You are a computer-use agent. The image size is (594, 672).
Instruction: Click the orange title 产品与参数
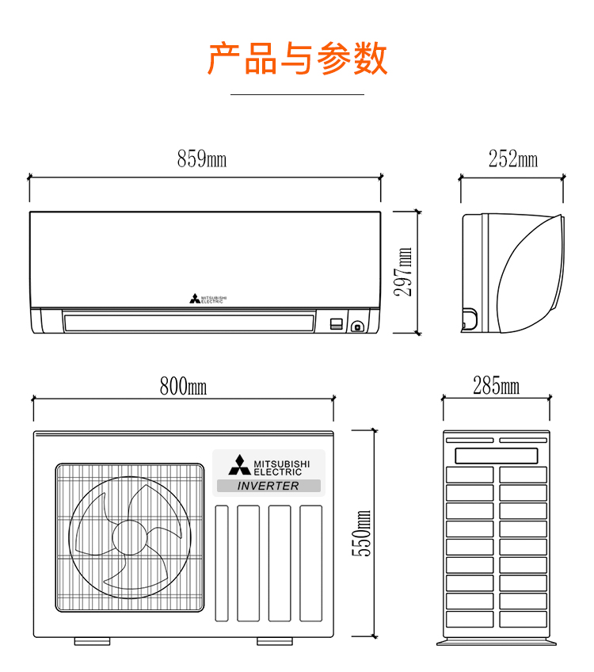297,59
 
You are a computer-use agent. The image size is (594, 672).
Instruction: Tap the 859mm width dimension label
202,159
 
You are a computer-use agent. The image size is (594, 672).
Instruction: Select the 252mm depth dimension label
512,159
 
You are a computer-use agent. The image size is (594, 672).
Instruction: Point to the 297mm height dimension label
404,271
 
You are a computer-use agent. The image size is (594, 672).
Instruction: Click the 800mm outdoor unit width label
183,387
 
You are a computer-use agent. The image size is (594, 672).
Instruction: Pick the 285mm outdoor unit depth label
497,387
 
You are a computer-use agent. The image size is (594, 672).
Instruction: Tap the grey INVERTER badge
268,486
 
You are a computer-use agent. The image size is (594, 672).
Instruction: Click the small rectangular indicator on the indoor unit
337,323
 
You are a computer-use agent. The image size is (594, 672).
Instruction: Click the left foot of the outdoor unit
92,640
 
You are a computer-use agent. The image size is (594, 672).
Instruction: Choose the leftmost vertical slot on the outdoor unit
222,563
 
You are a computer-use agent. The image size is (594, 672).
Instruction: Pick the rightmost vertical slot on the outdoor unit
310,563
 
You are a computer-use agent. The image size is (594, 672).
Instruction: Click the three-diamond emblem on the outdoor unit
239,465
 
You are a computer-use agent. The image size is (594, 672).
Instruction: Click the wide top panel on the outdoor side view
497,456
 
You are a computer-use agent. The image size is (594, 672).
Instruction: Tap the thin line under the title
297,94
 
